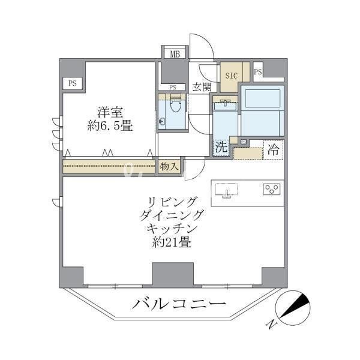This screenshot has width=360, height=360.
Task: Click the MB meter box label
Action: [x=175, y=54]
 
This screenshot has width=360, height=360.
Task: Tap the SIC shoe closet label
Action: [x=232, y=76]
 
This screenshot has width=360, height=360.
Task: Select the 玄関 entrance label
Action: [x=202, y=86]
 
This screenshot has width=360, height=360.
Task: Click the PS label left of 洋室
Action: [x=72, y=83]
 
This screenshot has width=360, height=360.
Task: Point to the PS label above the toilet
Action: [x=173, y=87]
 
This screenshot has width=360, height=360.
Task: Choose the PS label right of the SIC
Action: [x=258, y=73]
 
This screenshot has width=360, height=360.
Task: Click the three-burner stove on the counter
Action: [x=271, y=190]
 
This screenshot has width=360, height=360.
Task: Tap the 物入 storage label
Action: [x=169, y=167]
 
